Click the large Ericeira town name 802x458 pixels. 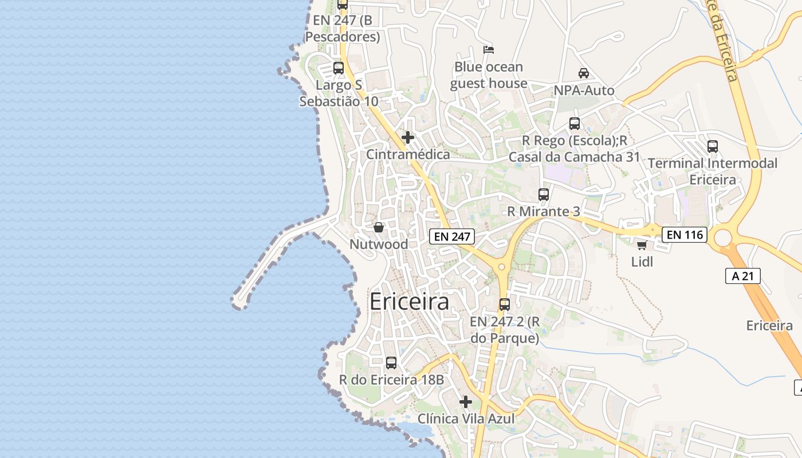coord(409,302)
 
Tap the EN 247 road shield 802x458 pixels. coord(452,236)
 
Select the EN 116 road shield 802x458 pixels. coord(685,234)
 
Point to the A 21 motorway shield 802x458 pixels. coord(742,276)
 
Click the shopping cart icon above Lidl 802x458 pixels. coord(642,246)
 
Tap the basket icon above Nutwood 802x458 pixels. coord(379,227)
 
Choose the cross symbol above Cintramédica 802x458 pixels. coord(408,137)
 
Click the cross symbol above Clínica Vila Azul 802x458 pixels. coord(466,402)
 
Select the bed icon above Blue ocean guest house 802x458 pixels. coord(489,50)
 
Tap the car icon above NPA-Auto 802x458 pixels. coord(584,73)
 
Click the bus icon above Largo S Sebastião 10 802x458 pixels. coord(339,68)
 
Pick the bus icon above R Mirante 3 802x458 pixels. coord(544,195)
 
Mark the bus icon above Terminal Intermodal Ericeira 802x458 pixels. coord(713,146)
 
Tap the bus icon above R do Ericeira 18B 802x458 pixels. coord(391,362)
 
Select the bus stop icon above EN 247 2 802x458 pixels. coord(505,304)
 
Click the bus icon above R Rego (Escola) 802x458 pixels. coord(575,123)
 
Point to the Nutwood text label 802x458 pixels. coord(379,244)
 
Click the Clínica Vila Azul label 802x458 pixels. coord(466,419)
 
